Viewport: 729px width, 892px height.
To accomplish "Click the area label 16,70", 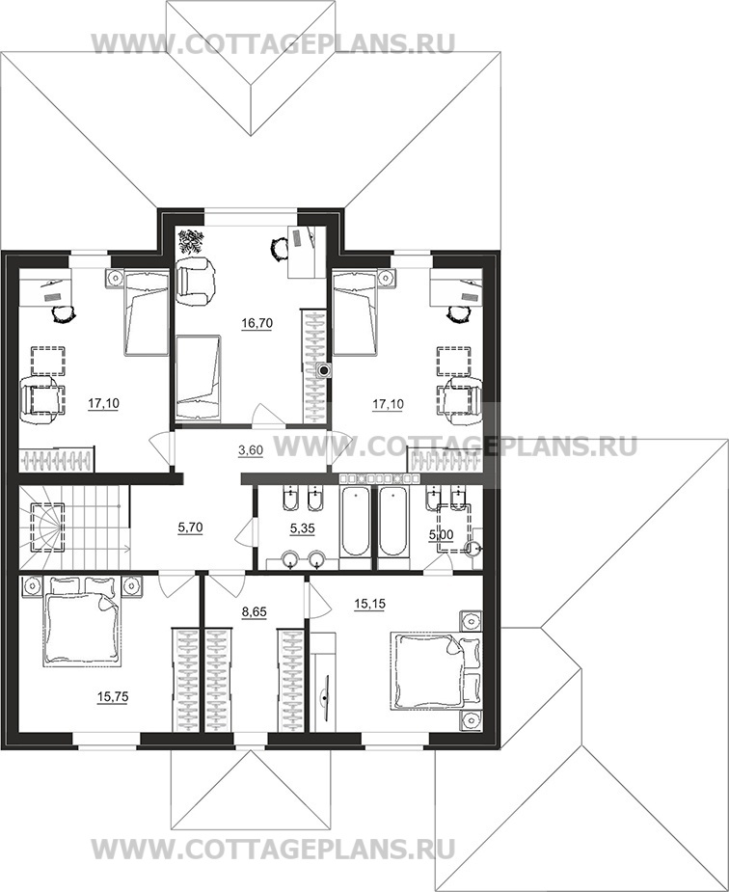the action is [x=257, y=323].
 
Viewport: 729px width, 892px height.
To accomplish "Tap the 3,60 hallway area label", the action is [x=250, y=450].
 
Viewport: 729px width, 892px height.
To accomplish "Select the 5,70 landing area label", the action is [x=190, y=527].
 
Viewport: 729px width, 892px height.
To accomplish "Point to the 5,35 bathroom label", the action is [x=302, y=528].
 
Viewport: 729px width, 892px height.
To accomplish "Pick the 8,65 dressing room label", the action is [x=254, y=612].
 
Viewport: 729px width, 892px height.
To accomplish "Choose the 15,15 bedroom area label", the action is [x=369, y=604].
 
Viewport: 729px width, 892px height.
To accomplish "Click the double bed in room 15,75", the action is [x=83, y=621].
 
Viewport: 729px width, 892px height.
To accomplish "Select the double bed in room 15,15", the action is [x=435, y=670].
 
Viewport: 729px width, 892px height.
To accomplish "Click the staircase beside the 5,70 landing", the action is [x=74, y=527].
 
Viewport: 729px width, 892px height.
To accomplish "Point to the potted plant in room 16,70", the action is [x=192, y=242].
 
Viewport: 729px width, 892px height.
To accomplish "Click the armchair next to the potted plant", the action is [x=196, y=279].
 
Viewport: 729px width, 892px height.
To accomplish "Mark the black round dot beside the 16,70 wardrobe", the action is [x=324, y=371].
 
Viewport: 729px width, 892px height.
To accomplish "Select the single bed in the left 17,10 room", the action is [x=147, y=312].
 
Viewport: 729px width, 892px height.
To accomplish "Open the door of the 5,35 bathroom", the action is [x=245, y=532].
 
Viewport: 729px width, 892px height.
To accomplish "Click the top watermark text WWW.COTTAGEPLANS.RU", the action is [x=274, y=43].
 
